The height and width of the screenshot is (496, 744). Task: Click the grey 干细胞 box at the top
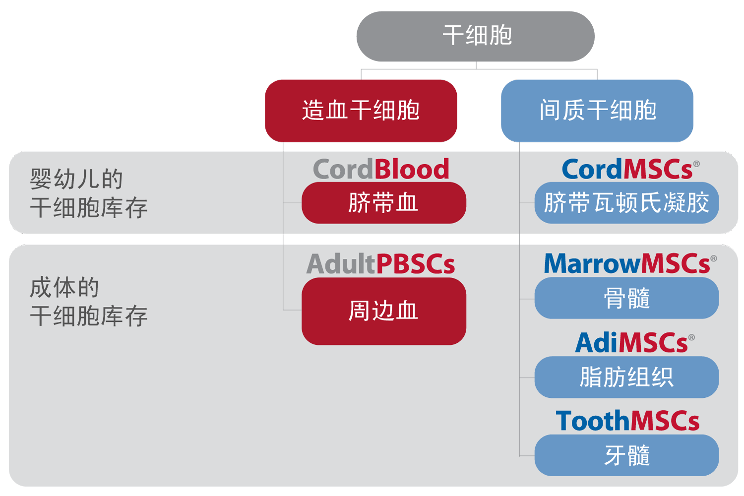pyautogui.click(x=475, y=36)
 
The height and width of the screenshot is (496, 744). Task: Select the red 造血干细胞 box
pyautogui.click(x=361, y=111)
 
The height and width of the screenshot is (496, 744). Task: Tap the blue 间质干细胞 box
pyautogui.click(x=597, y=111)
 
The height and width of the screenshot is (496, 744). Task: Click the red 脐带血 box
pyautogui.click(x=384, y=203)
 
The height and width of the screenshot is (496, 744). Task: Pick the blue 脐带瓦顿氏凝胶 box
pyautogui.click(x=627, y=203)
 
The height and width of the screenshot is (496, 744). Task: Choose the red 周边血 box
pyautogui.click(x=384, y=311)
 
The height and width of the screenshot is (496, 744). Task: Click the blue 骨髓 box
pyautogui.click(x=627, y=298)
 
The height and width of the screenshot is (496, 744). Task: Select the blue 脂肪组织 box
pyautogui.click(x=627, y=377)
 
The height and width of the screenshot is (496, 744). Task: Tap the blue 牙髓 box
pyautogui.click(x=627, y=455)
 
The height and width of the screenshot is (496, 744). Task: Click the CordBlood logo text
pyautogui.click(x=381, y=169)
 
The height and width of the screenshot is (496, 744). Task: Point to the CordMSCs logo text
pyautogui.click(x=627, y=169)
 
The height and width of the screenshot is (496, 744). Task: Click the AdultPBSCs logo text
pyautogui.click(x=380, y=264)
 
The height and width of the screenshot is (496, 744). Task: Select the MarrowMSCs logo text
pyautogui.click(x=627, y=264)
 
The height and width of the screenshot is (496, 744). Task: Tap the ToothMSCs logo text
pyautogui.click(x=628, y=421)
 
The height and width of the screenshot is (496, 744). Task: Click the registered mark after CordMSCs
pyautogui.click(x=696, y=164)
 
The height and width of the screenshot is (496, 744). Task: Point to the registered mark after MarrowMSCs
pyautogui.click(x=713, y=258)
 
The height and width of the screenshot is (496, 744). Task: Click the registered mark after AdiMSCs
pyautogui.click(x=691, y=338)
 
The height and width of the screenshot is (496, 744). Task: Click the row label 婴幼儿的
pyautogui.click(x=76, y=179)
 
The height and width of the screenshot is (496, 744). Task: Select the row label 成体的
pyautogui.click(x=64, y=287)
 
